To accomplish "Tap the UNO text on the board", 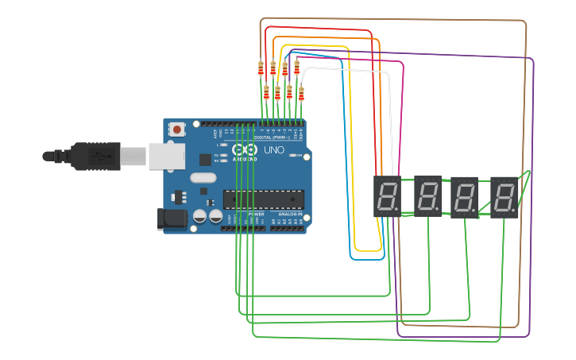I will point(273,150).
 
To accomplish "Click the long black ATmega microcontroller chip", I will point(263,199).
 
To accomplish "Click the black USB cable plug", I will point(95,157).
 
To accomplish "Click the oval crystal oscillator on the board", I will point(203,179).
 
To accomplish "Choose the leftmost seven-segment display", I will point(388,196).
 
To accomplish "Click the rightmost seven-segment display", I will point(504,197).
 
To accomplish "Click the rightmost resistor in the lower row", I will point(301,95).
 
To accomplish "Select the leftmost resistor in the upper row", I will point(261,69).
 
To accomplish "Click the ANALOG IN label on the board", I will point(289,215).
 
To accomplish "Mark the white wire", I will point(350,70).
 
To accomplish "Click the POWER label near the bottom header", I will point(256,215).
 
